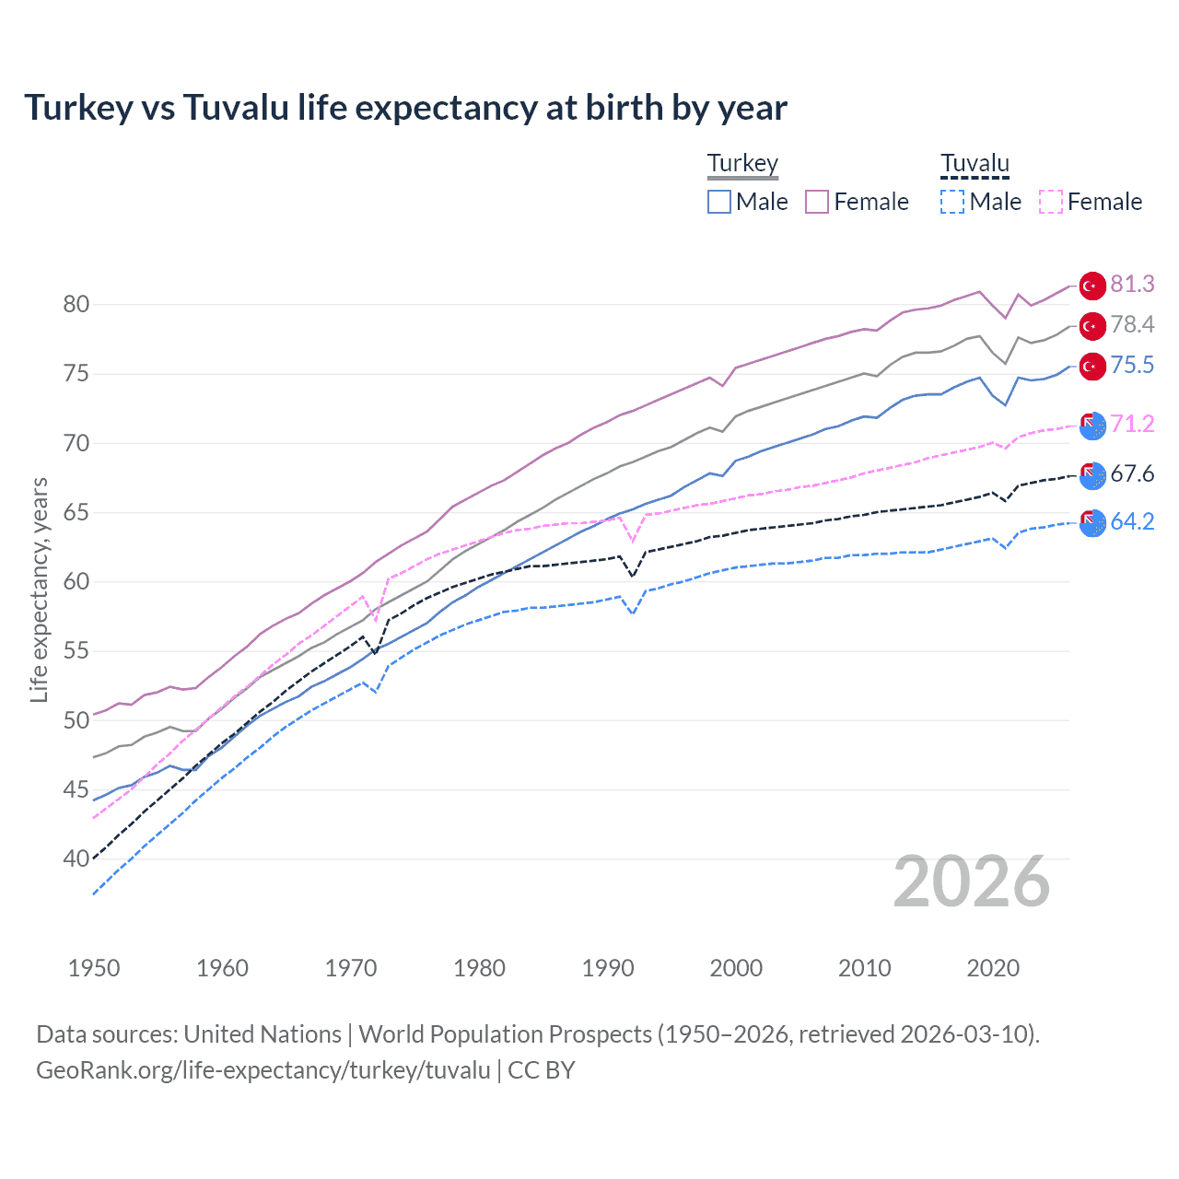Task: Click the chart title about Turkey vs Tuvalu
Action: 405,108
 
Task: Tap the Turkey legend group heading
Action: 742,163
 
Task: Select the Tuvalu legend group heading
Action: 975,163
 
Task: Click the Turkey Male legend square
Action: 719,202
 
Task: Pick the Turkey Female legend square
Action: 817,202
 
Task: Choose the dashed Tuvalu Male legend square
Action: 952,202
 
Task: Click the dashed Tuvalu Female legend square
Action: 1051,202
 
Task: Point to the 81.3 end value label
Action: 1132,284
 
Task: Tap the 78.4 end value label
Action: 1132,324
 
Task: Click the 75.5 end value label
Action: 1132,365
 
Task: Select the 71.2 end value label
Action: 1132,424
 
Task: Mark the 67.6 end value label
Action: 1132,473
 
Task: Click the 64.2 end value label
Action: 1132,521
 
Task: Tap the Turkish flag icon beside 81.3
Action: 1092,286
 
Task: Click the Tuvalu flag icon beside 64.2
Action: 1092,522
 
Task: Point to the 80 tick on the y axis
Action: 76,304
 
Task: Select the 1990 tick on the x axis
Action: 608,968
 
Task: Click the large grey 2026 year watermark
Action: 972,881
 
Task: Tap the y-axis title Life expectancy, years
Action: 39,589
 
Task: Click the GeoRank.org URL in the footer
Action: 263,1070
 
